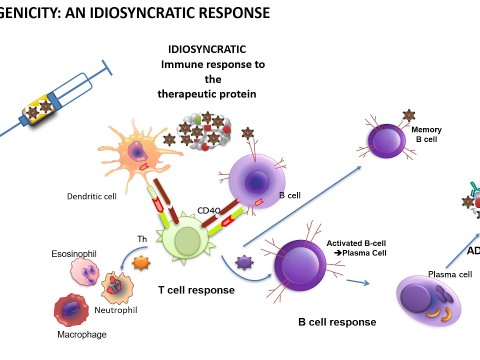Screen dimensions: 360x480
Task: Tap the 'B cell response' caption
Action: point(337,322)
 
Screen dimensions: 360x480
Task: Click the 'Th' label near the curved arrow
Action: point(141,238)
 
